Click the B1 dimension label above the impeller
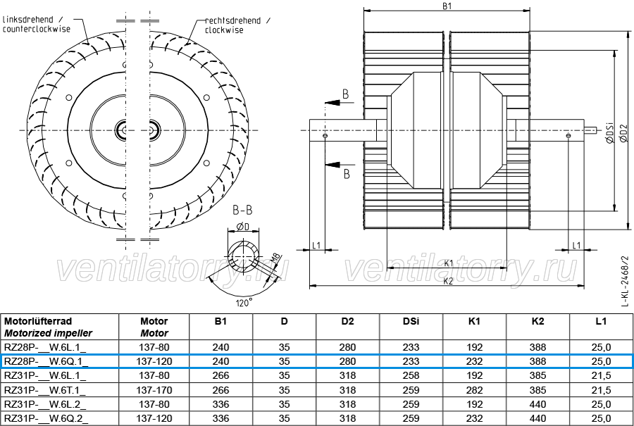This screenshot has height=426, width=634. click(x=447, y=6)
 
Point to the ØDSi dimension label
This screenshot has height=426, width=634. click(x=610, y=132)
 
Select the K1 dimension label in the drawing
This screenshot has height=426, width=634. click(x=449, y=263)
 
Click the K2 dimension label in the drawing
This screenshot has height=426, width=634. click(x=448, y=282)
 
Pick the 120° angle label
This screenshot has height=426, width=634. click(x=244, y=302)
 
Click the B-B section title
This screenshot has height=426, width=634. click(x=242, y=210)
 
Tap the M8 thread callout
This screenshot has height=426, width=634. click(x=275, y=258)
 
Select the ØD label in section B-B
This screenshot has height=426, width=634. click(x=243, y=227)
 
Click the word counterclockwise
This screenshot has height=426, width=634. click(x=37, y=29)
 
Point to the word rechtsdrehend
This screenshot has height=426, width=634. click(x=232, y=20)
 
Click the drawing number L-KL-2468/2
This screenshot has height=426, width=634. click(x=626, y=281)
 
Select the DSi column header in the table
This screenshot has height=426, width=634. click(x=411, y=321)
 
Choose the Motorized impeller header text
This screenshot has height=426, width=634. click(x=48, y=334)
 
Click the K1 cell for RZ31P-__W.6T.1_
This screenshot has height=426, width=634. click(x=474, y=390)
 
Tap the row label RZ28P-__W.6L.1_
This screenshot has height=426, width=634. click(x=45, y=347)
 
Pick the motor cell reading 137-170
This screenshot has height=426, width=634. click(x=154, y=390)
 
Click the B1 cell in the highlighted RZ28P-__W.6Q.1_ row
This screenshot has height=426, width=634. click(x=220, y=361)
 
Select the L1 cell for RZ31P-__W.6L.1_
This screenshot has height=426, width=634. click(x=601, y=375)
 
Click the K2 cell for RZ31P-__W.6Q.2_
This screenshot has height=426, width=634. click(x=537, y=418)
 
